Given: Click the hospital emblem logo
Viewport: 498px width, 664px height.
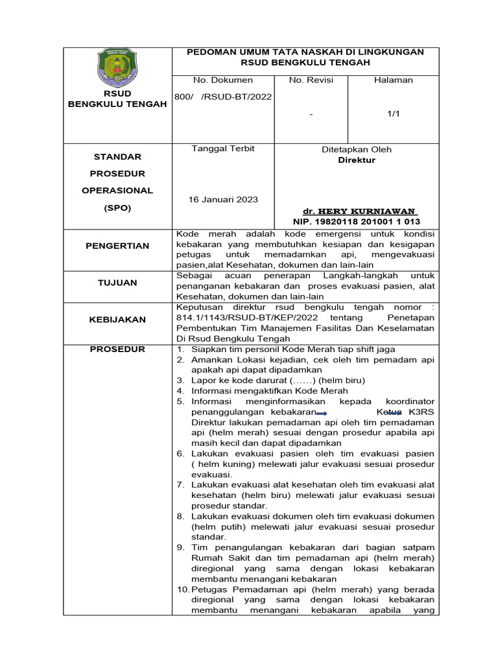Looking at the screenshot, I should [117, 69].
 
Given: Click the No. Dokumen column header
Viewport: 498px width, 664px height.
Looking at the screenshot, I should [223, 80].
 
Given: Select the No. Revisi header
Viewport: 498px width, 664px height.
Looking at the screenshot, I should [311, 80].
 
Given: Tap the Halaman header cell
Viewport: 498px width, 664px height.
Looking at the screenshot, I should [393, 80].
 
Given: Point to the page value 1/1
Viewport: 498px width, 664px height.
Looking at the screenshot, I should [393, 114].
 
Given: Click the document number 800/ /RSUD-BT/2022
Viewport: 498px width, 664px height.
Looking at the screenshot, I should [223, 97].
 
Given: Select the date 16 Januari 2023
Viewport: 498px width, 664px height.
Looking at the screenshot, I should [224, 199].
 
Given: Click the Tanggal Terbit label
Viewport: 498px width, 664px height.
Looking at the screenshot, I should [223, 148].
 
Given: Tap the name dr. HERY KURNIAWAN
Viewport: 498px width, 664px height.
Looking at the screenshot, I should [360, 211].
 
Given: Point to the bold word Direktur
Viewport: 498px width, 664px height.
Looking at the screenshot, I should [357, 160].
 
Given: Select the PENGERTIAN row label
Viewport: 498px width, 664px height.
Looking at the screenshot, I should [117, 246].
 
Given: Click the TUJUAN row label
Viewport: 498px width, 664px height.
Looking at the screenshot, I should [117, 283].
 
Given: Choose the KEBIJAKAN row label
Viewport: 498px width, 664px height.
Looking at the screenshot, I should [117, 320].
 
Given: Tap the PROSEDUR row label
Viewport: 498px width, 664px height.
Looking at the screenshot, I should [117, 350].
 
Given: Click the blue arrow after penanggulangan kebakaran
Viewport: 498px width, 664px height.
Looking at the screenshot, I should [321, 413].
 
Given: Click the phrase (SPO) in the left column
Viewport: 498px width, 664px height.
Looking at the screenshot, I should [117, 208].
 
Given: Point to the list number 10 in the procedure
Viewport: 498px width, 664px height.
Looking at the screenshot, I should [182, 589].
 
